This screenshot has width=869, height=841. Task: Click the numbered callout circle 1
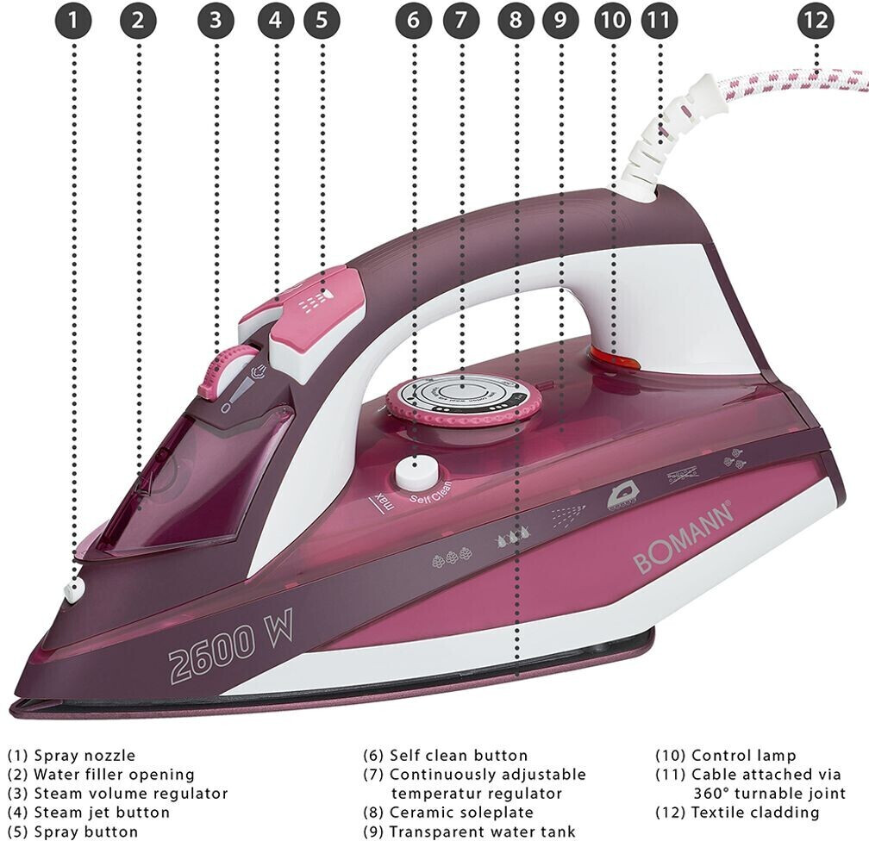point(73,21)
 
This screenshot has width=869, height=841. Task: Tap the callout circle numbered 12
point(816,21)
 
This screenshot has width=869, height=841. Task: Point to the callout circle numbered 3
point(216,21)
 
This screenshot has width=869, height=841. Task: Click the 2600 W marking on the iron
point(230,643)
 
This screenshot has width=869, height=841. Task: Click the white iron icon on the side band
point(621,495)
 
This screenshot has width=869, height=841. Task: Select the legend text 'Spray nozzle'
point(84,756)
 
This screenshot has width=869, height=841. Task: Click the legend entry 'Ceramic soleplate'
point(461,813)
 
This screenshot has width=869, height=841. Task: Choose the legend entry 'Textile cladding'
point(755,813)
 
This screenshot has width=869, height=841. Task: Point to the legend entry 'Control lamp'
point(744,756)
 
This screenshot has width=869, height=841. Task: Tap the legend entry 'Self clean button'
point(459,756)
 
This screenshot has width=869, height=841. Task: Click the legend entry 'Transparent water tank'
point(482,832)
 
